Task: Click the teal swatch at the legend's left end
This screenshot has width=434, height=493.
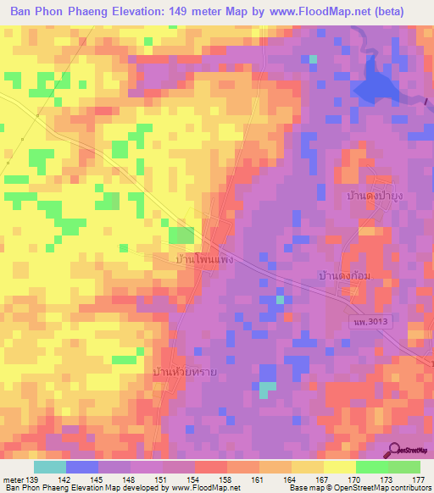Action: [x=50, y=467]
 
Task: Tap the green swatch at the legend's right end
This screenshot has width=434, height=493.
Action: [x=404, y=467]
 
